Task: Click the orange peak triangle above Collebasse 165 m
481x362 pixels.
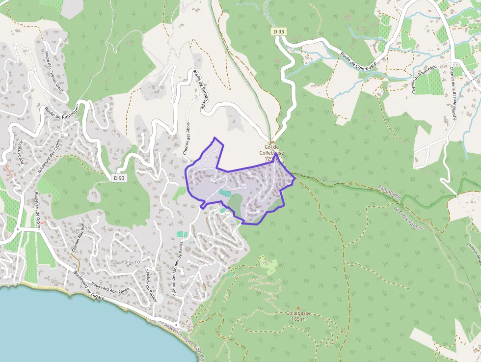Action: tap(298, 308)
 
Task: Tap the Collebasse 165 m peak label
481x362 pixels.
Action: tap(298, 316)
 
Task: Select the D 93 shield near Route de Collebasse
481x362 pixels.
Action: tap(279, 31)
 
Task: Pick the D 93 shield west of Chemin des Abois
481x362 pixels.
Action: tap(119, 178)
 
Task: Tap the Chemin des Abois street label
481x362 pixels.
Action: tap(187, 139)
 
